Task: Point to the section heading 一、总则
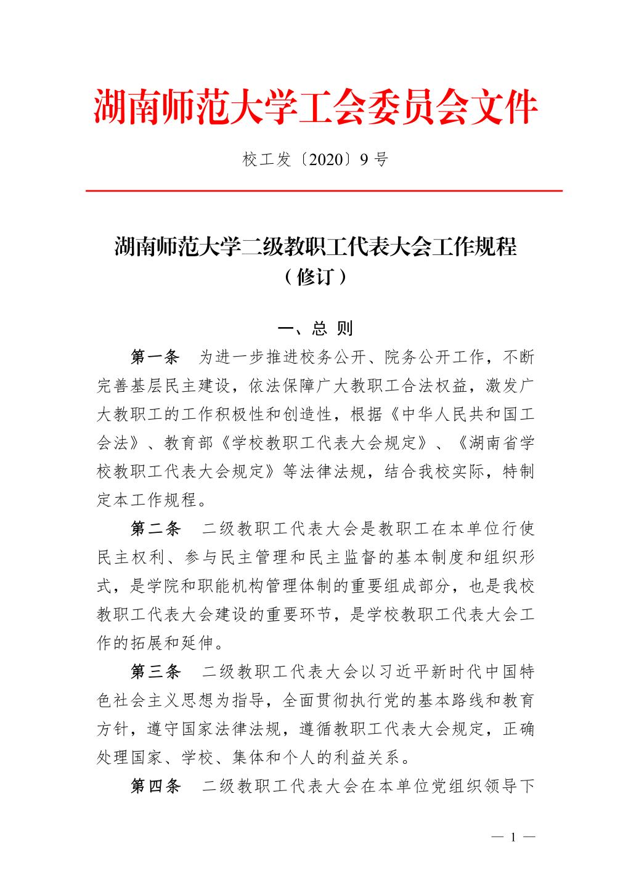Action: click(x=315, y=328)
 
